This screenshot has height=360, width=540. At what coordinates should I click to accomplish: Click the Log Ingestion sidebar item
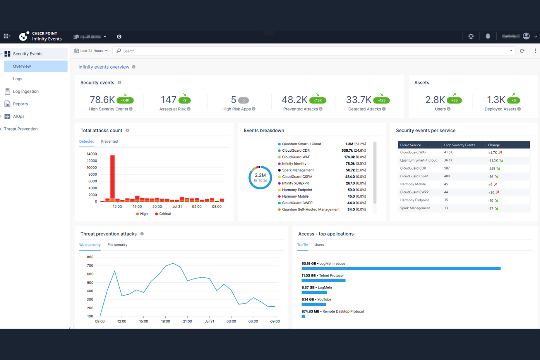pyautogui.click(x=26, y=92)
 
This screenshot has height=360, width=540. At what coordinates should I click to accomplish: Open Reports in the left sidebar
pyautogui.click(x=20, y=104)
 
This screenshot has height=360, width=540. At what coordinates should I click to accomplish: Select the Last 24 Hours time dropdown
pyautogui.click(x=91, y=51)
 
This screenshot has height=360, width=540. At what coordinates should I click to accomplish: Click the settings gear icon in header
pyautogui.click(x=119, y=37)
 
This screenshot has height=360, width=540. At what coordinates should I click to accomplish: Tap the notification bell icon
pyautogui.click(x=488, y=36)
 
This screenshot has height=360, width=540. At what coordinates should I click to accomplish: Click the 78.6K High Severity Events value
pyautogui.click(x=103, y=100)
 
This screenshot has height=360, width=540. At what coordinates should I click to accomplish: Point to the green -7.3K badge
pyautogui.click(x=317, y=100)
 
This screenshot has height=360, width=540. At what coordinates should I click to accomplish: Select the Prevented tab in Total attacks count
pyautogui.click(x=109, y=142)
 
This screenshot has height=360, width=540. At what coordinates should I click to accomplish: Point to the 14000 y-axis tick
pyautogui.click(x=92, y=154)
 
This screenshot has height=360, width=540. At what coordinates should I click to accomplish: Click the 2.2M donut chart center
pyautogui.click(x=260, y=178)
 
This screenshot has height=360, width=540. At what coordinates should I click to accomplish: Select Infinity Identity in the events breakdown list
pyautogui.click(x=294, y=164)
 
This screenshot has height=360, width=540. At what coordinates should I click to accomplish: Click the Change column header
pyautogui.click(x=494, y=145)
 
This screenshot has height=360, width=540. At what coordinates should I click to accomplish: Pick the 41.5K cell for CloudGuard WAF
pyautogui.click(x=448, y=152)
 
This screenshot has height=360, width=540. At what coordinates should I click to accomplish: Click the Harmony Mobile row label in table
pyautogui.click(x=413, y=184)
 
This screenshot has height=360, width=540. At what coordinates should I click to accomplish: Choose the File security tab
pyautogui.click(x=117, y=245)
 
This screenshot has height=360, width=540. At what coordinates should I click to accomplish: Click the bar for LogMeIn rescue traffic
pyautogui.click(x=401, y=268)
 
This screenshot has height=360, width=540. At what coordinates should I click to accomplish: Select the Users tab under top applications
pyautogui.click(x=319, y=245)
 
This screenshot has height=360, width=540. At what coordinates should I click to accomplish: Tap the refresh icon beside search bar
pyautogui.click(x=522, y=51)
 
